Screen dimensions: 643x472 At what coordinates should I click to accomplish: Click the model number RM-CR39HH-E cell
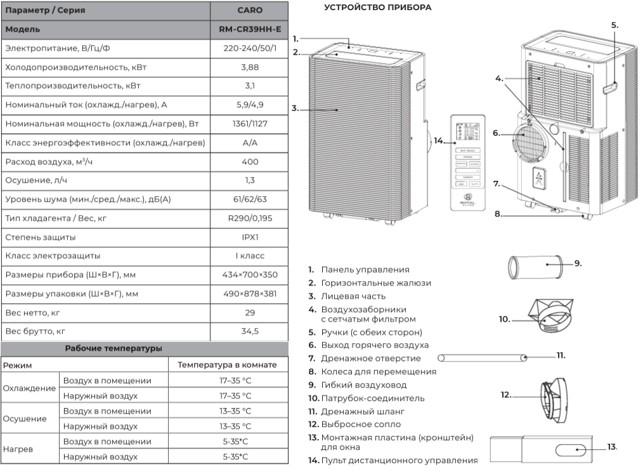pyautogui.click(x=250, y=29)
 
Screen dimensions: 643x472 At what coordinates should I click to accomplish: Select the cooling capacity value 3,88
pyautogui.click(x=250, y=67)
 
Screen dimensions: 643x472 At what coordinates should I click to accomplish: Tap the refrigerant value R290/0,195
pyautogui.click(x=250, y=218)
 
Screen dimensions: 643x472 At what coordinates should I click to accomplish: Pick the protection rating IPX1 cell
pyautogui.click(x=250, y=237)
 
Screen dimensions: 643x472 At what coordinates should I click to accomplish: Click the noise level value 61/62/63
pyautogui.click(x=250, y=199)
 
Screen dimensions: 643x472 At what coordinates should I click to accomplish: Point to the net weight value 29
pyautogui.click(x=250, y=312)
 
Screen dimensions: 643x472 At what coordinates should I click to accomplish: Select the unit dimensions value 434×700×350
pyautogui.click(x=250, y=275)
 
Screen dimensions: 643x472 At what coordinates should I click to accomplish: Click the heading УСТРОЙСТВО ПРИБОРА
pyautogui.click(x=377, y=8)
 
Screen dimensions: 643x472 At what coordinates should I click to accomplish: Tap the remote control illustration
pyautogui.click(x=467, y=163)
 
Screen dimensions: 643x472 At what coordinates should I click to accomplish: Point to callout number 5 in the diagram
pyautogui.click(x=614, y=25)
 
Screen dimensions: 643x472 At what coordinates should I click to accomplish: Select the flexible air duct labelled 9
pyautogui.click(x=535, y=267)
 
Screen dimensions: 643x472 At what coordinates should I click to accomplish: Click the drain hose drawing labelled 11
pyautogui.click(x=482, y=358)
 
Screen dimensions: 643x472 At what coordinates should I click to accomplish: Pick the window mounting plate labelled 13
pyautogui.click(x=542, y=450)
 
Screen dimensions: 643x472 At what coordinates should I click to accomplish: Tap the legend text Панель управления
pyautogui.click(x=365, y=270)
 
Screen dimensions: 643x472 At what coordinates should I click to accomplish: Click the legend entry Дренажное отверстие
pyautogui.click(x=371, y=358)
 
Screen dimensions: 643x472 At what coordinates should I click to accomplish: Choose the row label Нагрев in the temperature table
pyautogui.click(x=18, y=449)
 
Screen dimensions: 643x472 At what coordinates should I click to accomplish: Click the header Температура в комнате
pyautogui.click(x=227, y=364)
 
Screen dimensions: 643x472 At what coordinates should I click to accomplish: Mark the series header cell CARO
pyautogui.click(x=250, y=10)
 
